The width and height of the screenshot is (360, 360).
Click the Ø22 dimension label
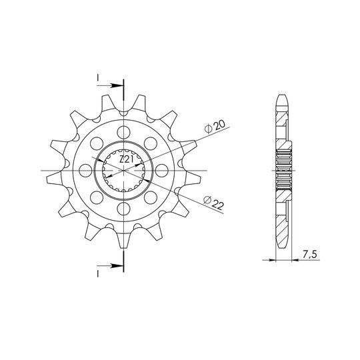click(x=214, y=203)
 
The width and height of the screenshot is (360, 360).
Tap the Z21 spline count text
click(x=127, y=159)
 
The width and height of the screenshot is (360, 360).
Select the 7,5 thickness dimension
click(x=310, y=255)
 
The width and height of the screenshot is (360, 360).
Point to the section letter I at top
click(x=98, y=78)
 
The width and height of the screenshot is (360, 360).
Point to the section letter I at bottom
click(x=98, y=274)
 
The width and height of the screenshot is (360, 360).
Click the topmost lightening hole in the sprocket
click(x=124, y=133)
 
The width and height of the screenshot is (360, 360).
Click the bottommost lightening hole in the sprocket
click(x=124, y=209)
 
